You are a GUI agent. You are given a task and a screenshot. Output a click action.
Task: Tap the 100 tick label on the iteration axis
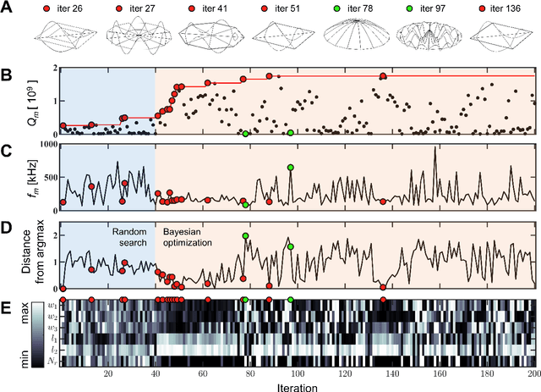tap(296, 373)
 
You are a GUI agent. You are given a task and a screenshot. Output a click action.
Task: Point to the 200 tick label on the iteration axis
tap(531, 373)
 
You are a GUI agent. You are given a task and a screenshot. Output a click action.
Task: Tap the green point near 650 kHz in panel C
tap(290, 167)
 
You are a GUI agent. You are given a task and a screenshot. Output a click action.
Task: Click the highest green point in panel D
tap(245, 235)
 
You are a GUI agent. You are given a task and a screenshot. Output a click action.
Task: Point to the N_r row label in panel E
tap(52, 358)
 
